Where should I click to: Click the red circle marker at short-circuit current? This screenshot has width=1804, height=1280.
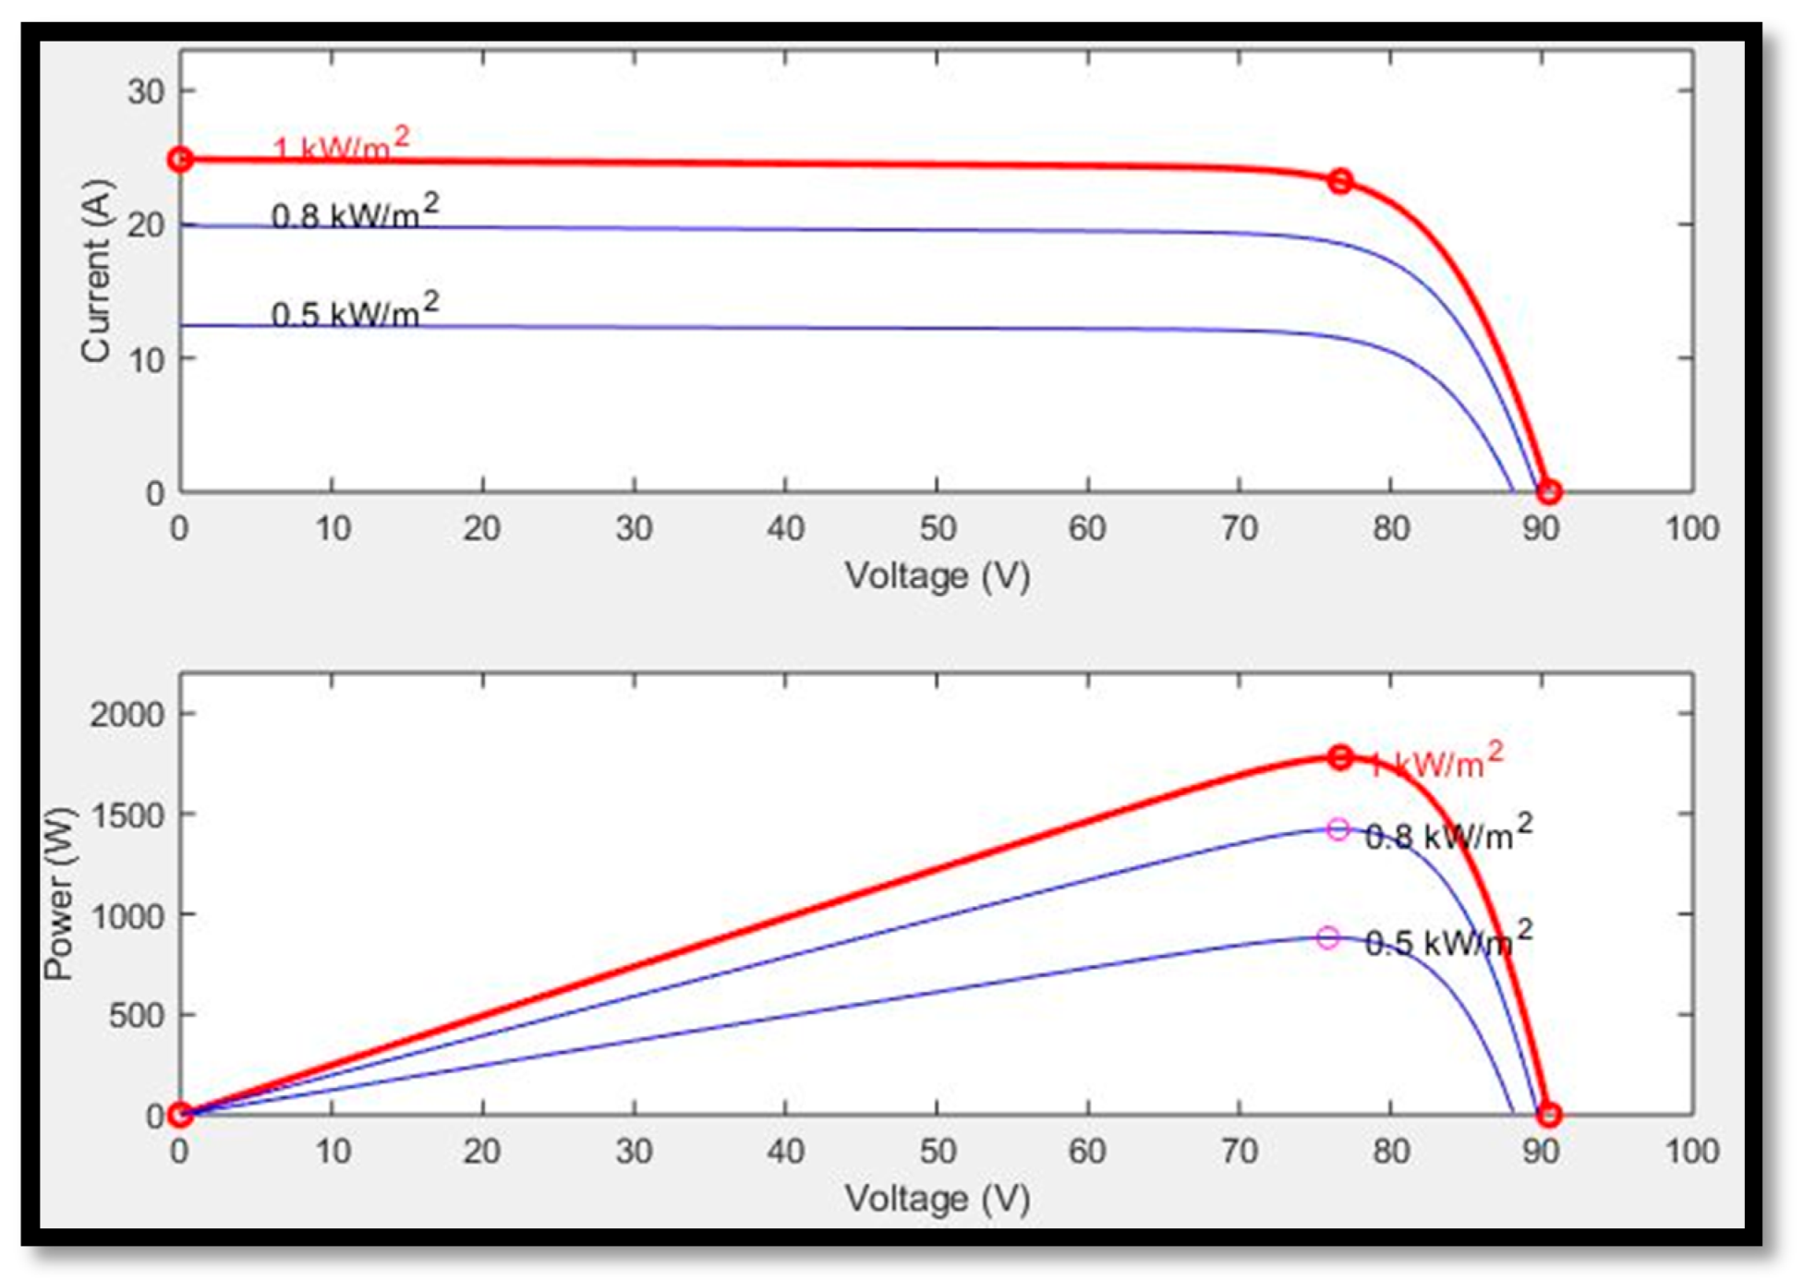click(181, 160)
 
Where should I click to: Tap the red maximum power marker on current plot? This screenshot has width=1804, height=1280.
click(1340, 181)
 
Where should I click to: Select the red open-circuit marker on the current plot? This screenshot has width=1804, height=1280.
click(1549, 492)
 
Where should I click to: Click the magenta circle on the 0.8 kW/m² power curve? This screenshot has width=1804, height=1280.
click(1338, 829)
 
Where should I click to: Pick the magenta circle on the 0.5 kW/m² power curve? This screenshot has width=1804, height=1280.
click(1327, 938)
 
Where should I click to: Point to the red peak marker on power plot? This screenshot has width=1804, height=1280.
click(1340, 758)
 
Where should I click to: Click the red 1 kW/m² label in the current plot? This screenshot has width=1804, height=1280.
click(341, 145)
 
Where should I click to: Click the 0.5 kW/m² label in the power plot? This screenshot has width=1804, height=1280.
click(1448, 939)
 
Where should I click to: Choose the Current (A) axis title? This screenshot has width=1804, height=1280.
click(96, 270)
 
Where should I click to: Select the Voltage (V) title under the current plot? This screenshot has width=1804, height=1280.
click(937, 576)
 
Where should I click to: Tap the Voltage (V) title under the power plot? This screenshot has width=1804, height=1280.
click(937, 1199)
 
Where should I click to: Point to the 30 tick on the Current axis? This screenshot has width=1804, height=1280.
click(146, 91)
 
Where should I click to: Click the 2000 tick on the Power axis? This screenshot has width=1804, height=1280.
click(127, 714)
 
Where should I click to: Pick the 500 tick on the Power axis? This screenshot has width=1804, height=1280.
click(136, 1015)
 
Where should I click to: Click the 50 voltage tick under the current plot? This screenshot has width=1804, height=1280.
click(937, 529)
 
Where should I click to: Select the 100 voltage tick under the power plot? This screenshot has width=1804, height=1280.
click(1691, 1152)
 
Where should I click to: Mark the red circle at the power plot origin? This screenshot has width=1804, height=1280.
click(181, 1115)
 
